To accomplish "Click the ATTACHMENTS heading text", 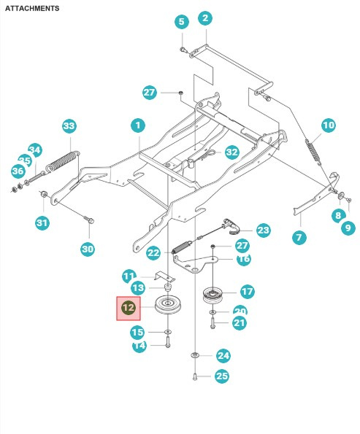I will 32,8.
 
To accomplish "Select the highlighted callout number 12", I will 129,309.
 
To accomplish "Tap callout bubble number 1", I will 137,126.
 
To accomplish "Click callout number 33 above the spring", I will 69,126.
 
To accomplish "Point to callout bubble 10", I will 328,125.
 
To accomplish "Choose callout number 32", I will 231,152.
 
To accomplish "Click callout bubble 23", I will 262,230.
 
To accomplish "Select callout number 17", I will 247,292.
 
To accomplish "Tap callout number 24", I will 223,356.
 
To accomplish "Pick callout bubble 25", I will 221,376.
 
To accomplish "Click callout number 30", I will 88,249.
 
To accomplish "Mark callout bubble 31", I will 42,222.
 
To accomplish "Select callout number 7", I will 298,237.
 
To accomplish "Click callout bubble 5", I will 181,22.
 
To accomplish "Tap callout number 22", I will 153,253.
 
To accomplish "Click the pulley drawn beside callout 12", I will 167,304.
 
